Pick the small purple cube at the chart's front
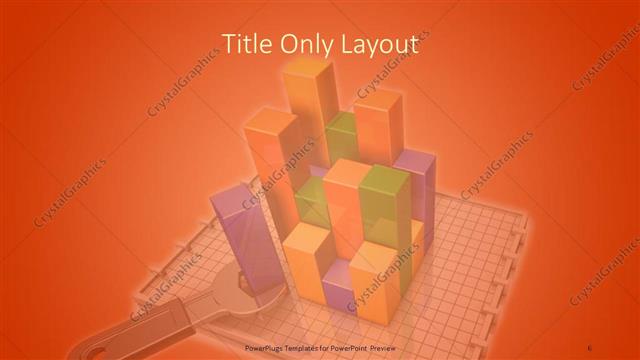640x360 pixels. (338, 293)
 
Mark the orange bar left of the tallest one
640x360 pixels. (268, 150)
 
